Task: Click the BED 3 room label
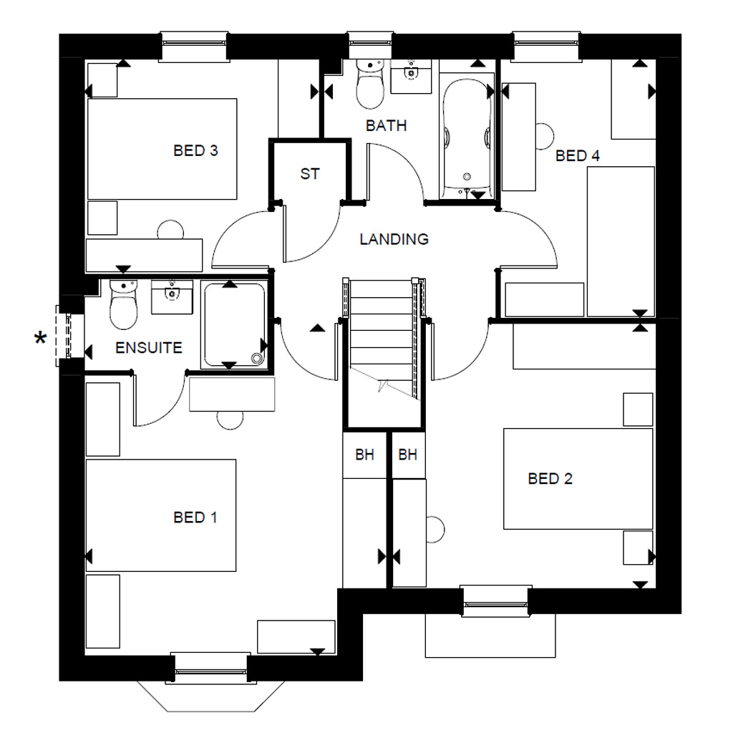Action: (195, 151)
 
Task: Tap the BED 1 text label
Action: (195, 517)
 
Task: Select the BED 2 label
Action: (550, 479)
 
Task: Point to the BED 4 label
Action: (577, 155)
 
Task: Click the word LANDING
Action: (394, 239)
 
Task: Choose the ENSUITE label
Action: (149, 349)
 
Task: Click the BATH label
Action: (386, 126)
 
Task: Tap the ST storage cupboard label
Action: (309, 174)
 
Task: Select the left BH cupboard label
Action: (365, 455)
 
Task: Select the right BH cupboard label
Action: (407, 455)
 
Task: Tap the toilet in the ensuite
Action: (123, 305)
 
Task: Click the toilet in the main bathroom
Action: (370, 84)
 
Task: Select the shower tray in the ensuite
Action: (233, 325)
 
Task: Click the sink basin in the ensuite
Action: (172, 296)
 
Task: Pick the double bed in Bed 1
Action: (161, 515)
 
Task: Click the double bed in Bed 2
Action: (578, 479)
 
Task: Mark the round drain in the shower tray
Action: (256, 359)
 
